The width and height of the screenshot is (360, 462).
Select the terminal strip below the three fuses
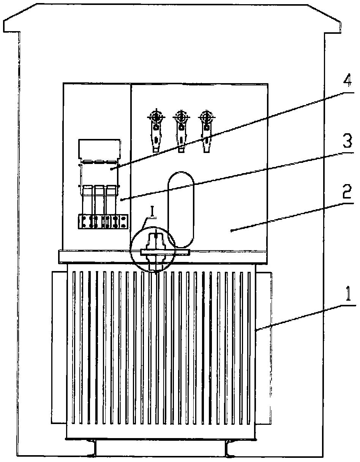click(x=103, y=222)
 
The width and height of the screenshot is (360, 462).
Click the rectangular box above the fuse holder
click(x=100, y=148)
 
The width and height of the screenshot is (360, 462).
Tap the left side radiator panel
click(x=59, y=347)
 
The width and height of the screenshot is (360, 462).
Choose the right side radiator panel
click(x=264, y=347)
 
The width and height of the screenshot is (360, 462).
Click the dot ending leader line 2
click(x=231, y=230)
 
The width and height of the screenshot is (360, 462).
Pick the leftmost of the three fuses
click(x=88, y=199)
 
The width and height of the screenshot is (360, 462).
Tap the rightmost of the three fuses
click(x=111, y=199)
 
